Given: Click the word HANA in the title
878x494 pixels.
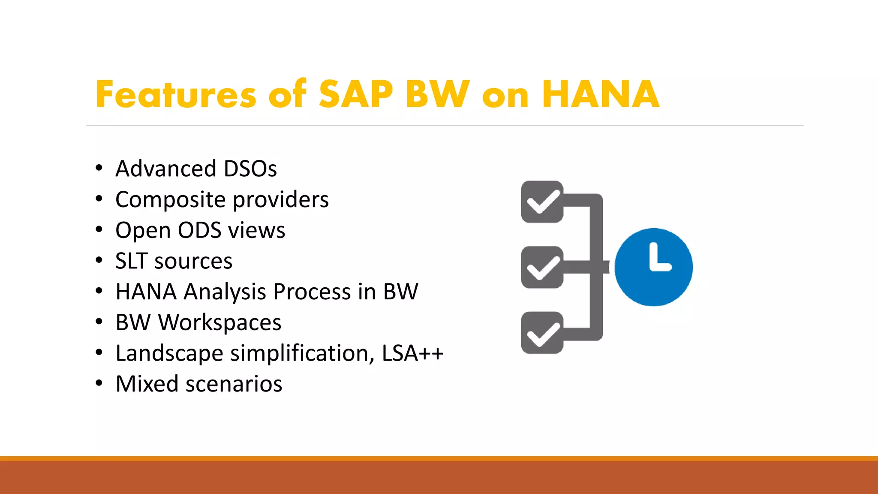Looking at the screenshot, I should pos(600,94).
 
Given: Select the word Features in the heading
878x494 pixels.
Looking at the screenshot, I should pos(176,94).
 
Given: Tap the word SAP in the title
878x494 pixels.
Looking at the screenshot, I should pos(356,94).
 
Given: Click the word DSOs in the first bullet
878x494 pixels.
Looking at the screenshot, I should pos(250,169).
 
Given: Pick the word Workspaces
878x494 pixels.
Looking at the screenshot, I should pos(220,322).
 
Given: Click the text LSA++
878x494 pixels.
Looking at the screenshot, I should pos(412,353).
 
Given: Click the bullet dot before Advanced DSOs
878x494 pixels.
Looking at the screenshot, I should pos(99,168).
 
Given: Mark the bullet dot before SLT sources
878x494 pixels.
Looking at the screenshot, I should pos(99,260).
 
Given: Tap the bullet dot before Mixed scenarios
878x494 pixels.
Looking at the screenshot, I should pos(99,383).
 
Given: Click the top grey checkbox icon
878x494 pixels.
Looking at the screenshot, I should pos(542,202).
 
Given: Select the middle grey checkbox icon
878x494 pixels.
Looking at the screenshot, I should pos(542,267).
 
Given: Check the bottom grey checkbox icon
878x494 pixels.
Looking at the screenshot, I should pos(542,333).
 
